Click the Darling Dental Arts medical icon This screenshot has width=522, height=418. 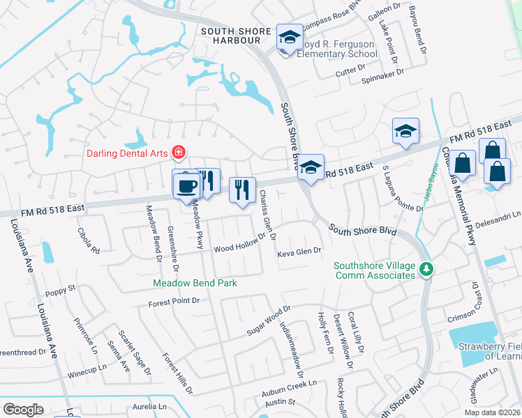pos(179,152)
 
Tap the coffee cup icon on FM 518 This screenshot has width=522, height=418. pos(187,185)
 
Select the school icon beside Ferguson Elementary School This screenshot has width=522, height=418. pos(288,38)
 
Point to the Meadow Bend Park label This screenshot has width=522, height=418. pos(195,283)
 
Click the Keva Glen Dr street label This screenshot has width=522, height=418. pos(299,251)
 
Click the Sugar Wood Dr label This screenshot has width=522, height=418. pos(268,320)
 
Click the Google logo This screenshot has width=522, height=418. pos(24,409)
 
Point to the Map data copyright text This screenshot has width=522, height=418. pos(491,412)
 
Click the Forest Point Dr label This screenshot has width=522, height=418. pos(174,302)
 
